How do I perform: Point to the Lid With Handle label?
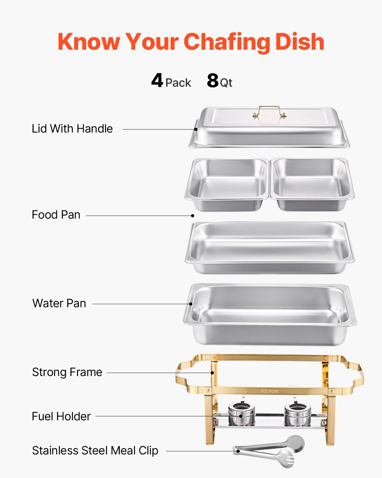72,129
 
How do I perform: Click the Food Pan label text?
56,215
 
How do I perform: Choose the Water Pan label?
59,303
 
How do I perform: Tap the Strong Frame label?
67,372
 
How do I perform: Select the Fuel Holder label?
61,416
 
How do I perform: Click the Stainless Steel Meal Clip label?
95,451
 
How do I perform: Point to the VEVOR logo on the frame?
269,391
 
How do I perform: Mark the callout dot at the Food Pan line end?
193,216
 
